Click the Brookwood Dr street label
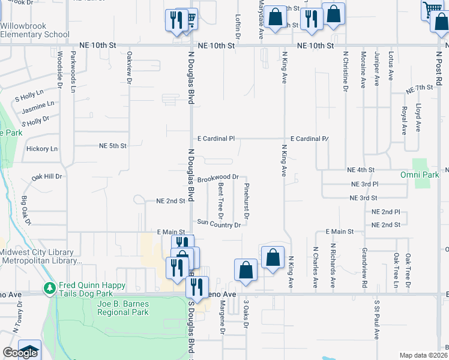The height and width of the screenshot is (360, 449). [x=218, y=178]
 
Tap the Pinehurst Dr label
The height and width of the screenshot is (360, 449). [x=247, y=201]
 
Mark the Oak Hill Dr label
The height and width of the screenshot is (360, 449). [x=47, y=176]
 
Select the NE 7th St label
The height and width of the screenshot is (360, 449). [x=419, y=88]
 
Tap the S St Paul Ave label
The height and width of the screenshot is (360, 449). [x=376, y=320]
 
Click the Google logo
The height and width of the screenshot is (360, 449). [x=20, y=353]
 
